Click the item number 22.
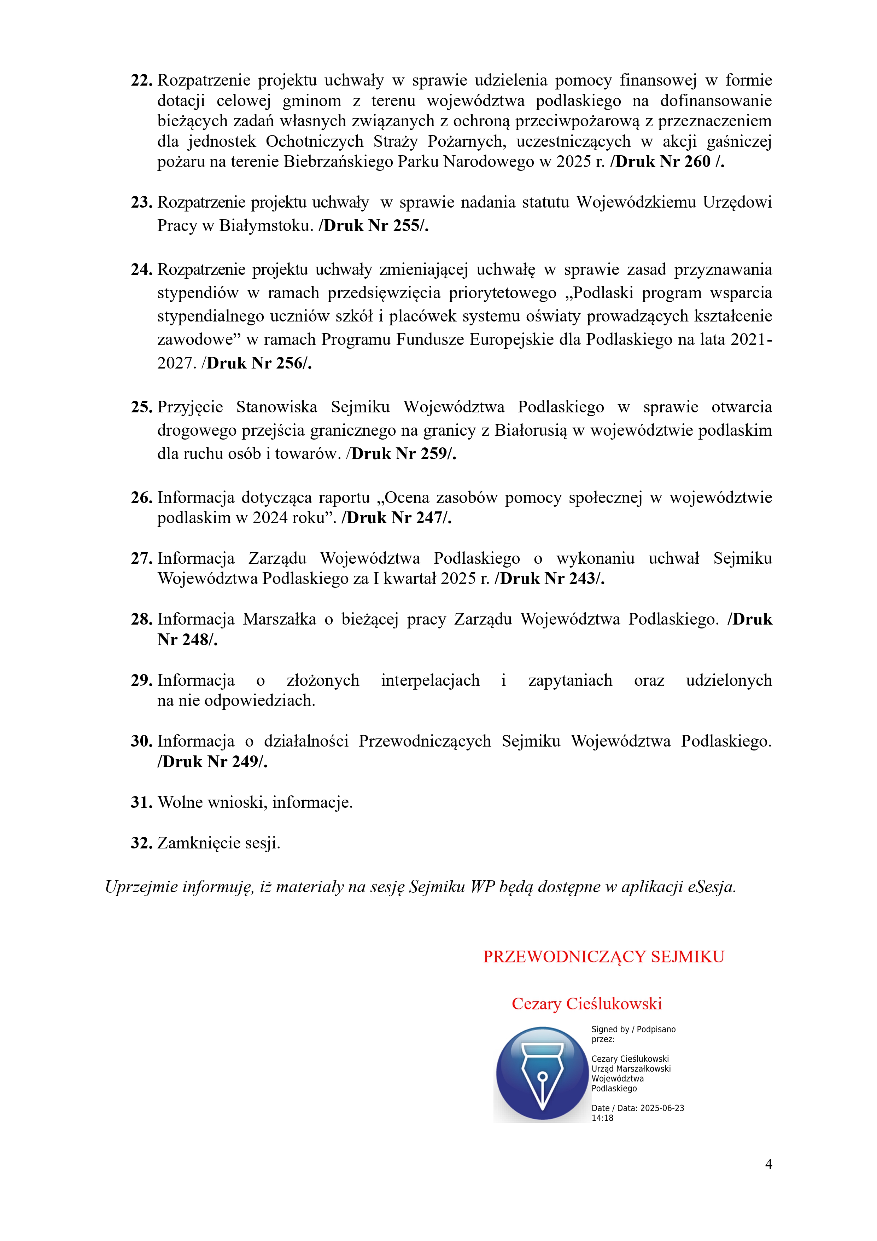click(142, 81)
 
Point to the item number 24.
click(142, 270)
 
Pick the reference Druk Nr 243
click(550, 579)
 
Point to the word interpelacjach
click(430, 680)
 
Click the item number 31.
click(142, 803)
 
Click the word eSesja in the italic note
click(711, 887)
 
